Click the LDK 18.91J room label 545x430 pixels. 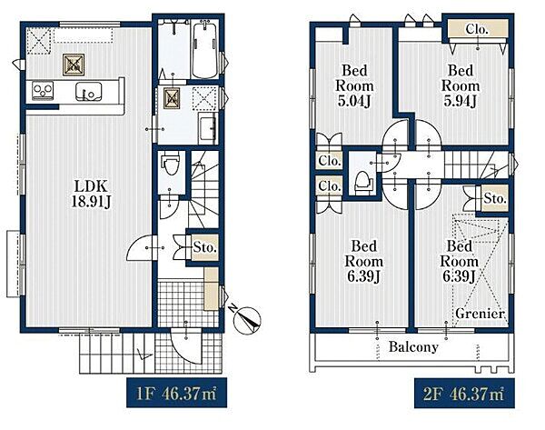point(91,195)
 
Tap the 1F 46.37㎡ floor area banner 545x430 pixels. point(176,393)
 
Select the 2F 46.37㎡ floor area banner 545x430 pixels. point(464,393)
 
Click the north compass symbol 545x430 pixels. point(247,318)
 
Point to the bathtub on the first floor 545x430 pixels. point(204,50)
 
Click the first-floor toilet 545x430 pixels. point(171,165)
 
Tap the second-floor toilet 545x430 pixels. point(363,183)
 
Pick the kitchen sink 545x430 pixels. point(88,92)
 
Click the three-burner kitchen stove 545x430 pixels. point(43,90)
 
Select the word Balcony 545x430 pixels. point(413,347)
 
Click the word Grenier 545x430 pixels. point(480,314)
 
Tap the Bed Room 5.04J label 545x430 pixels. point(354,85)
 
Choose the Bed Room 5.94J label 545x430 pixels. point(461,85)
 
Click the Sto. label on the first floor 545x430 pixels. point(205,247)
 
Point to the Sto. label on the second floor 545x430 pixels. point(495,198)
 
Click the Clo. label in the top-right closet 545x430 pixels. point(477,30)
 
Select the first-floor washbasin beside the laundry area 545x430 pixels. point(208,127)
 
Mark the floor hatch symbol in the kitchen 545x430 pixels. point(74,65)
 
